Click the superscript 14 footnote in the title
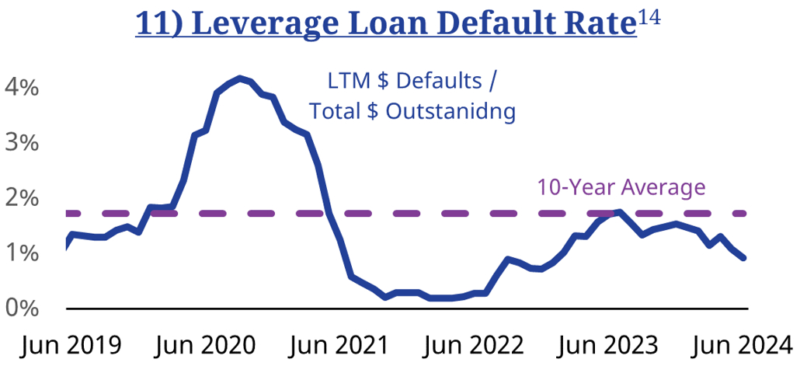click(x=649, y=16)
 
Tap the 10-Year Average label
click(x=621, y=187)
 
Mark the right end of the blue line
click(x=744, y=258)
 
